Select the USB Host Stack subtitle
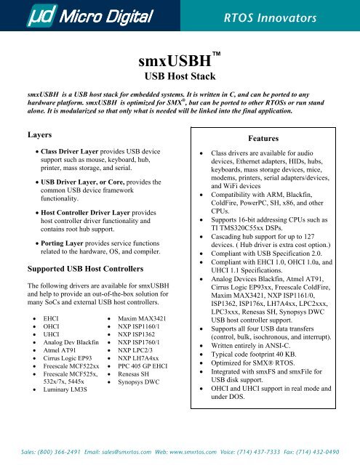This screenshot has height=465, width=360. pos(180,75)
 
